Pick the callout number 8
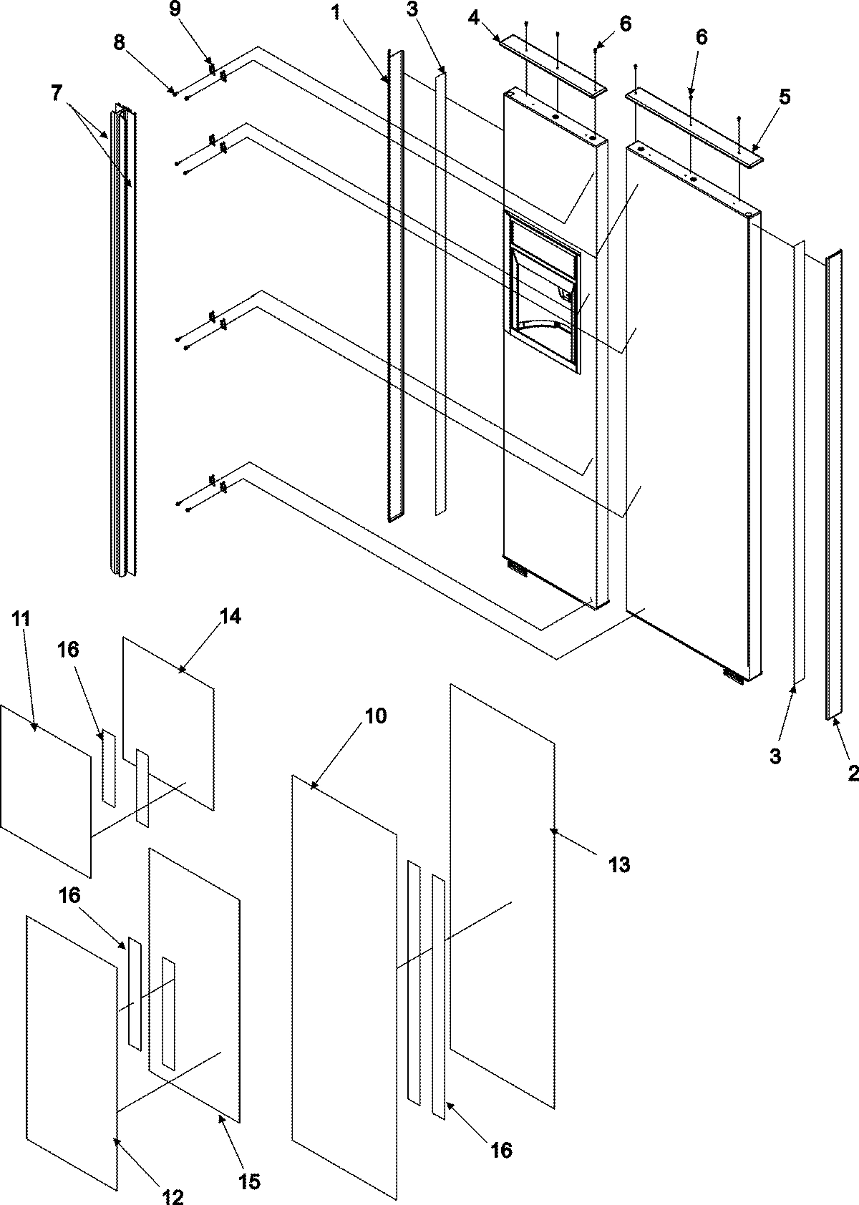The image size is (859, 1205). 119,42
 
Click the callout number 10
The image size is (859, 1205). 377,716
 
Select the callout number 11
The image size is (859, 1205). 21,619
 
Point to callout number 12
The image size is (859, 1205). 173,1196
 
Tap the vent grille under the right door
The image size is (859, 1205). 733,674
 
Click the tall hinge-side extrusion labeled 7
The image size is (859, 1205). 122,343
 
